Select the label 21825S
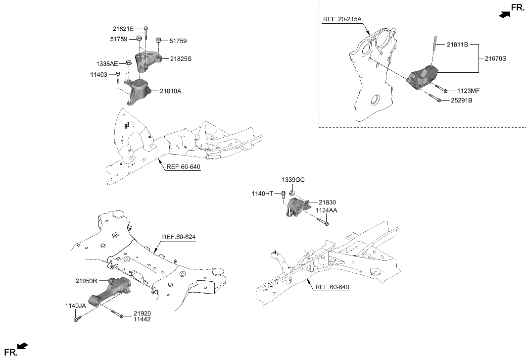click(181, 58)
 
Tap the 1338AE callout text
click(107, 63)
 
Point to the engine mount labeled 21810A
click(139, 92)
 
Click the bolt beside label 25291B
click(439, 101)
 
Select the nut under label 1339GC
click(292, 193)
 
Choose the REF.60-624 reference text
click(179, 237)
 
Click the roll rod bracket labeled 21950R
click(111, 292)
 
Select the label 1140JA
click(75, 306)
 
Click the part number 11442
click(141, 319)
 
